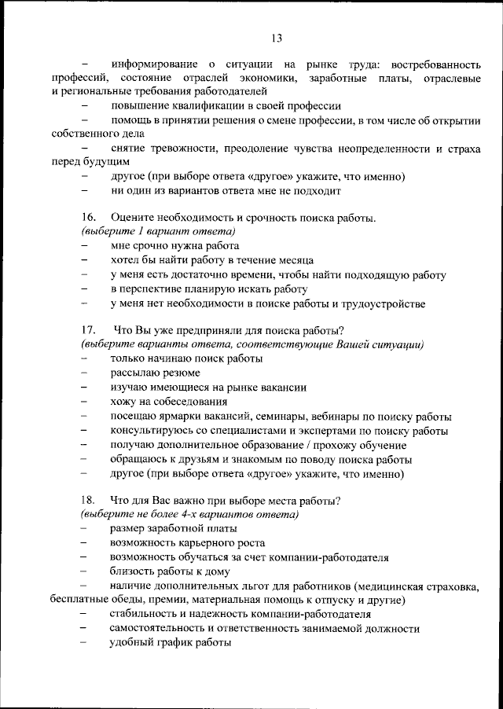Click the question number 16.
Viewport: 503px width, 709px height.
[88, 218]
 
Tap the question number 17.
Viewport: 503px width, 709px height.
[88, 330]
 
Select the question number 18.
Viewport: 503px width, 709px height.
[88, 500]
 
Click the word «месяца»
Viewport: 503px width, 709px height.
[295, 260]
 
